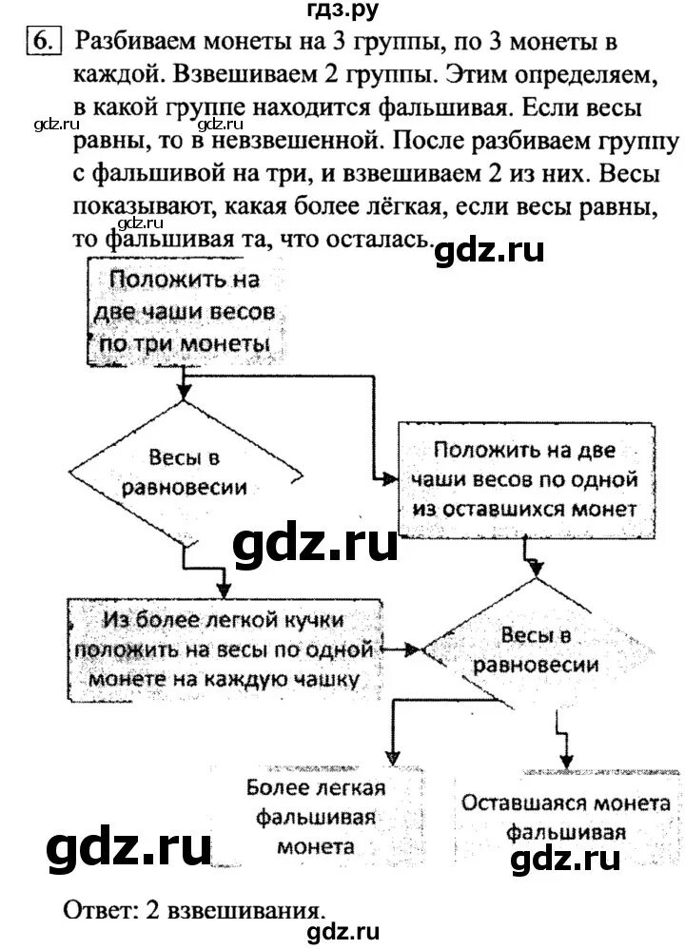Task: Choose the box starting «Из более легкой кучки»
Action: (225, 649)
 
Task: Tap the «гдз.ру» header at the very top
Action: (342, 11)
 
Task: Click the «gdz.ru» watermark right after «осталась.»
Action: (489, 250)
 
